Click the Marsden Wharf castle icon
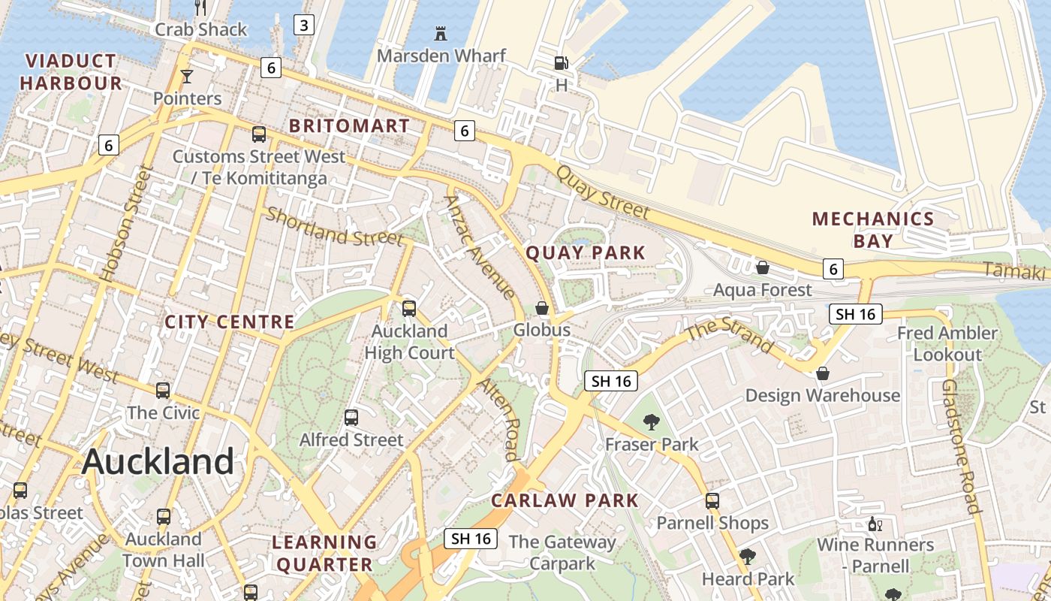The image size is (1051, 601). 441,33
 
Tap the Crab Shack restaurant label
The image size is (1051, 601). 200,30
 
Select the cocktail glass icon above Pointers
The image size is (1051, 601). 187,76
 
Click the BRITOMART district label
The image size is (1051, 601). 349,125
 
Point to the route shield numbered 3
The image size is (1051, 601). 303,25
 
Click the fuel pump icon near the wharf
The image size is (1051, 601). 561,63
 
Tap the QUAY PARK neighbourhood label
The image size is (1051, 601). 586,252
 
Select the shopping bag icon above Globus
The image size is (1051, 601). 542,308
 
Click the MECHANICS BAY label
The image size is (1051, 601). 873,229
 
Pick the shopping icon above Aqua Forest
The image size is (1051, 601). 763,267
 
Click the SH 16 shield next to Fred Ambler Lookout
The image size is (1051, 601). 856,314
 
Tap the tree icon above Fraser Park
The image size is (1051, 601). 652,422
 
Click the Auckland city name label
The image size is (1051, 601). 158,461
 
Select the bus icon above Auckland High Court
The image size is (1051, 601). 409,308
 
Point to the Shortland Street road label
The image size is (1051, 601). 334,227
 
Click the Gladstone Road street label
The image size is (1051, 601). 961,446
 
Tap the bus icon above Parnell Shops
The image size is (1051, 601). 712,500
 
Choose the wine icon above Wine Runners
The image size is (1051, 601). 874,524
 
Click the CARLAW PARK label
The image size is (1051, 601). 565,500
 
